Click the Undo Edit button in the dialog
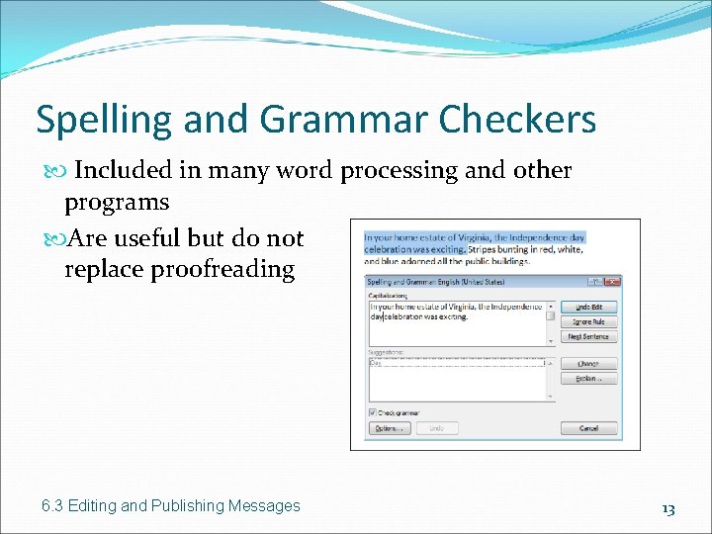point(588,308)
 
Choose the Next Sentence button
point(588,337)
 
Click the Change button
point(588,364)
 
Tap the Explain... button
point(588,379)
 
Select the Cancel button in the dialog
point(588,428)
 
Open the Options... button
point(390,428)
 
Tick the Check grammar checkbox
point(372,412)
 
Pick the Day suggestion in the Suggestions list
point(376,363)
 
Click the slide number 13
point(667,508)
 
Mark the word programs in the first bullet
point(116,202)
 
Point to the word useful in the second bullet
point(146,237)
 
